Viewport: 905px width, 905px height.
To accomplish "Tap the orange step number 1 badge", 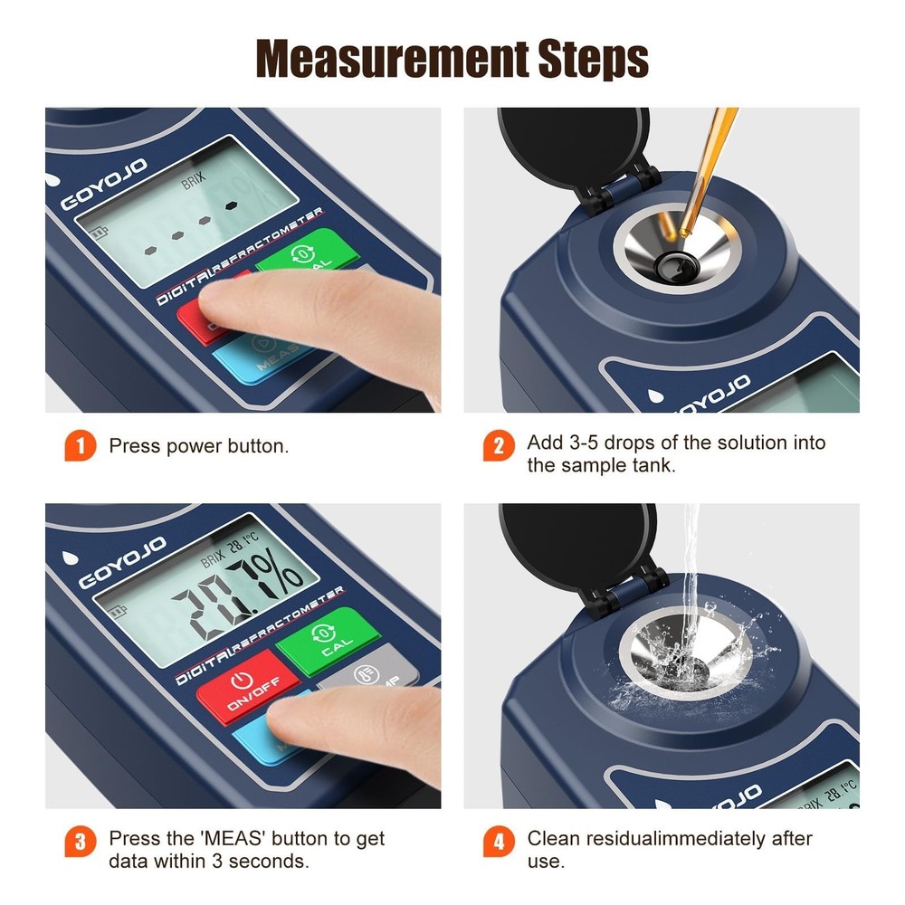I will (x=80, y=446).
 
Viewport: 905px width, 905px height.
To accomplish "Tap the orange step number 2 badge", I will (x=499, y=446).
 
